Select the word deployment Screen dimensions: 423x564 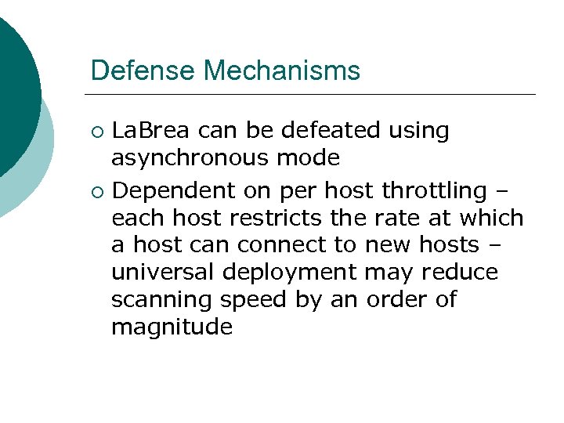302,273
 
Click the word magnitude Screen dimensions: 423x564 172,327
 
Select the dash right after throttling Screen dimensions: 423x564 501,191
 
